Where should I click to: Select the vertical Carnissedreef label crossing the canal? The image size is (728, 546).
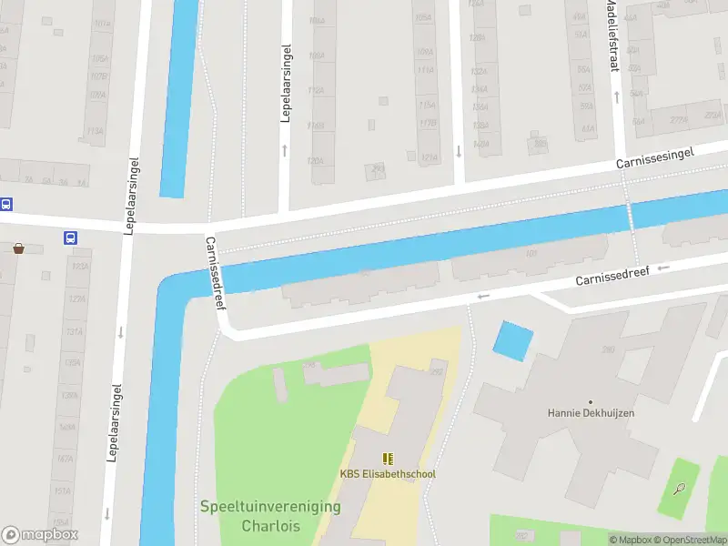coord(216,273)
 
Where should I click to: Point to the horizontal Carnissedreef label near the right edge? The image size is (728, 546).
coord(612,276)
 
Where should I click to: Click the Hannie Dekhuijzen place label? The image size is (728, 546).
coord(591,412)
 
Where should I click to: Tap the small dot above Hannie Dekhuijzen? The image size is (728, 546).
coord(591,401)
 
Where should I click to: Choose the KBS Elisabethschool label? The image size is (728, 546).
coord(388,474)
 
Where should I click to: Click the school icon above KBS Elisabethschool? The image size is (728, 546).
coord(388,459)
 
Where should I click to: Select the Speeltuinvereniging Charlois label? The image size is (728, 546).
coord(271,516)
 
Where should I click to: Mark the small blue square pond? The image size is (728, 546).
coord(513,341)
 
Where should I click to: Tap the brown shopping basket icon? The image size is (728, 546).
coord(18,248)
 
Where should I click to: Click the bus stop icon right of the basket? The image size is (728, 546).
coord(71,238)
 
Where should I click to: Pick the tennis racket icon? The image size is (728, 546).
coord(680,489)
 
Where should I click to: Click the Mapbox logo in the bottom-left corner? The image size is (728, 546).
coord(40,535)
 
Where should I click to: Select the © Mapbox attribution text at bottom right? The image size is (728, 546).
coord(630,540)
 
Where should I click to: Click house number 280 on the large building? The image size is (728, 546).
coord(608,350)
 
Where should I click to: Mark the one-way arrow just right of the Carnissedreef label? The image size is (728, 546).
coord(664,268)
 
